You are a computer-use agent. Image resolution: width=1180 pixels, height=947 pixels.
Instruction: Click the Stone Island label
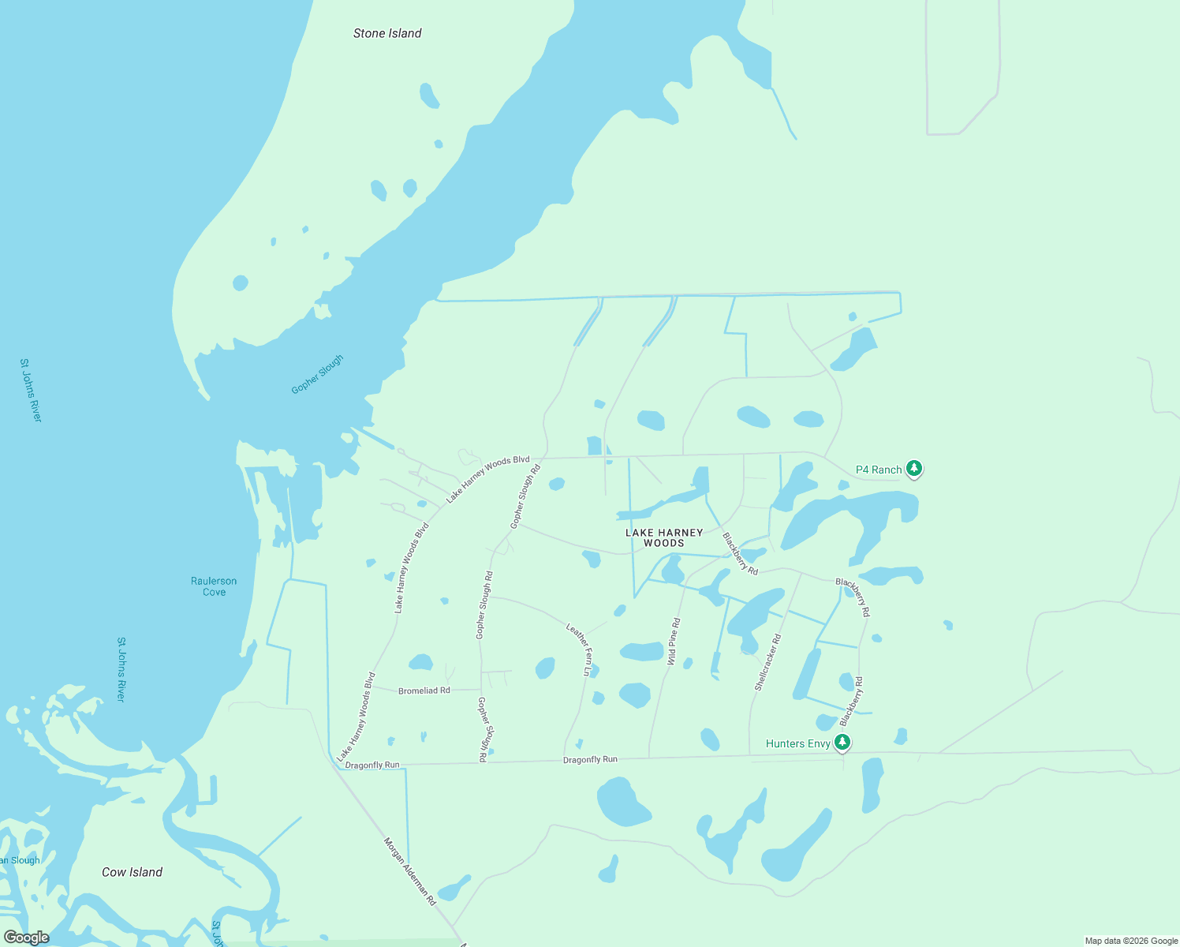pos(387,33)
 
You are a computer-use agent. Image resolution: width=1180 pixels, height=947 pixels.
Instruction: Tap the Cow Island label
pos(132,872)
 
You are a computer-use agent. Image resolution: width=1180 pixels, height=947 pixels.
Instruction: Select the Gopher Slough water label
pos(317,374)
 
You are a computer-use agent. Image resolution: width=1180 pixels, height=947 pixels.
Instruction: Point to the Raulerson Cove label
pos(214,586)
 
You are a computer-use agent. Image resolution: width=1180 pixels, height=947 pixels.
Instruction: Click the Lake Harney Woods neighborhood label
pos(664,537)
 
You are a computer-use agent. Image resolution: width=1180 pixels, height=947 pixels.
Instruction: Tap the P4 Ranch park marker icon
pos(914,469)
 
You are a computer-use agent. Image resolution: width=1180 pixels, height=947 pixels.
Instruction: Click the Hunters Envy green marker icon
pos(842,742)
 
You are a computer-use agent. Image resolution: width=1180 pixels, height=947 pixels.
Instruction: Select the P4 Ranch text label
pos(879,470)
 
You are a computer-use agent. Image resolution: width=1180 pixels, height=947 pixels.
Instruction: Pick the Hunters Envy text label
pos(797,743)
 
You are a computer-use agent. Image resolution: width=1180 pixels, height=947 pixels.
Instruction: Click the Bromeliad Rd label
pos(424,691)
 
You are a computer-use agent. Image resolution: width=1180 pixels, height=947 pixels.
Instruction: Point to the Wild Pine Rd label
pos(674,642)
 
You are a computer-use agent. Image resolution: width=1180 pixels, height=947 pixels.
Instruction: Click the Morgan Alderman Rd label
pos(409,870)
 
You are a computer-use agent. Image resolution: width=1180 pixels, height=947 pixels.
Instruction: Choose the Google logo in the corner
pos(26,938)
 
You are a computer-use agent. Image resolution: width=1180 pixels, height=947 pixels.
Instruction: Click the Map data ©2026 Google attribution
pos(1131,941)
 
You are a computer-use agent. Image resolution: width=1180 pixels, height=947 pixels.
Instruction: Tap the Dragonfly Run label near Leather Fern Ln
pos(590,759)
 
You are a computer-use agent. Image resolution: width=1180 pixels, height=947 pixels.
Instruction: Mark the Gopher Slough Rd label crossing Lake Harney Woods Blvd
pos(525,496)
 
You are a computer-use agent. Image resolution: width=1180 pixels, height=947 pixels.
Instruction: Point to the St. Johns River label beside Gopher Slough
pos(31,390)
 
